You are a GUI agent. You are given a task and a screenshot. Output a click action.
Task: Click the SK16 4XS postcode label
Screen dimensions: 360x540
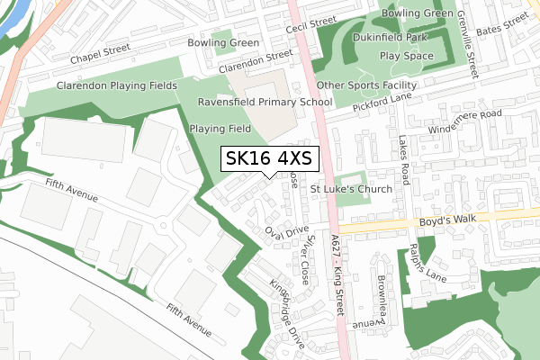click(x=269, y=158)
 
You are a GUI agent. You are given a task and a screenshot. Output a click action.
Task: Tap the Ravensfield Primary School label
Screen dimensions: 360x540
click(x=259, y=103)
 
